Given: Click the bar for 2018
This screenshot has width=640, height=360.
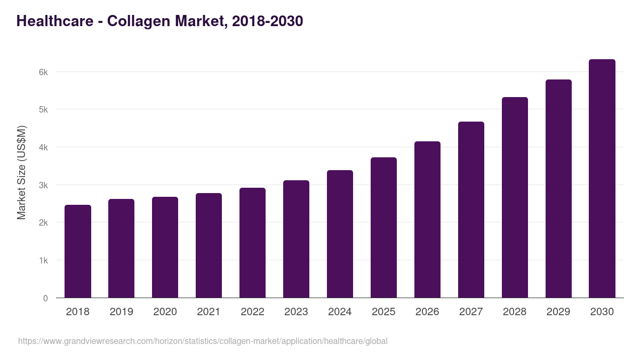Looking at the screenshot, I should click(x=78, y=251).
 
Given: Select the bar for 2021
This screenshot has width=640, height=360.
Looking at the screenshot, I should click(x=209, y=245).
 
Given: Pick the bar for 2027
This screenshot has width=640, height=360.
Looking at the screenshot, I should click(x=471, y=210).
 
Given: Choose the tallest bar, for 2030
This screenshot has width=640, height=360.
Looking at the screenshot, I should click(x=602, y=179).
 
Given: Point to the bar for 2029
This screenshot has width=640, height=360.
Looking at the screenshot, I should click(x=558, y=189).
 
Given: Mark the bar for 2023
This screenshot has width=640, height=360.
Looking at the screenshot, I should click(x=296, y=239).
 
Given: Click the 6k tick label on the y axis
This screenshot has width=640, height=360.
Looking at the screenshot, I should click(x=43, y=72).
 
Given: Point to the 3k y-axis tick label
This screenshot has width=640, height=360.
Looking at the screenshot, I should click(x=43, y=185).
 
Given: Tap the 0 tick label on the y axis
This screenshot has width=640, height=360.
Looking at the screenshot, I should click(x=45, y=298).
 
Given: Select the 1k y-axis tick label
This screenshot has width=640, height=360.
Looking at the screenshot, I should click(x=43, y=261).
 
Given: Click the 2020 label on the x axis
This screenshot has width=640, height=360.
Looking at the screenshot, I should click(x=165, y=312).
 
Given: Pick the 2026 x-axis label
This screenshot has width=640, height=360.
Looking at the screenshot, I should click(x=427, y=312).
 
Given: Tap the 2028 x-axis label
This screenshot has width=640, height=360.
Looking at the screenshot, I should click(x=515, y=312).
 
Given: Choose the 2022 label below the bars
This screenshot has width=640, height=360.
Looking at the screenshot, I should click(x=252, y=312).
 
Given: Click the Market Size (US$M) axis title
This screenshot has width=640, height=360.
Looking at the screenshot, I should click(x=21, y=172).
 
